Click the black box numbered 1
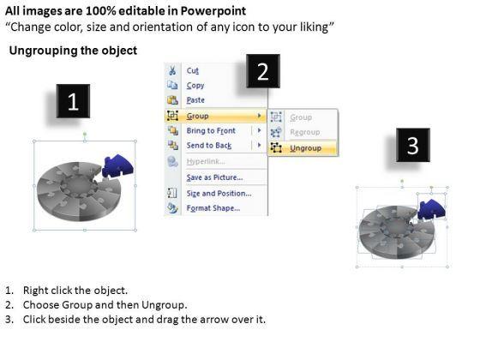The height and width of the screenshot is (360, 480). click(x=73, y=101)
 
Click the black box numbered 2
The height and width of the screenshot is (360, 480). click(x=263, y=71)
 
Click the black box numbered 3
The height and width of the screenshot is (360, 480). click(x=413, y=145)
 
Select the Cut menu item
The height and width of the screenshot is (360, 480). click(x=193, y=70)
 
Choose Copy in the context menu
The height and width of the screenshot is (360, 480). click(x=195, y=86)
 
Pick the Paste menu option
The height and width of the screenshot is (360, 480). click(x=195, y=100)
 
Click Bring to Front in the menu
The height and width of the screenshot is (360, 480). click(x=211, y=130)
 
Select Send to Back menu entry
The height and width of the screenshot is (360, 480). click(x=209, y=146)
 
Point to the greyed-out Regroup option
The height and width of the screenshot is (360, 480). click(x=305, y=132)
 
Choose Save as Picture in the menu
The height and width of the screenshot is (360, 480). click(x=214, y=177)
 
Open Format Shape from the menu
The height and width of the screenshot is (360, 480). click(x=213, y=208)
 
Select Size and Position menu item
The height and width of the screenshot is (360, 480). click(x=219, y=194)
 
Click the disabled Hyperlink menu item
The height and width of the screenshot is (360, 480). click(x=206, y=162)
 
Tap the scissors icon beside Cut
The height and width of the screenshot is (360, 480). click(x=172, y=70)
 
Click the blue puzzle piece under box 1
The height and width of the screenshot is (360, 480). click(x=117, y=166)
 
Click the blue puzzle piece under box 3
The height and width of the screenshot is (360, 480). click(x=432, y=209)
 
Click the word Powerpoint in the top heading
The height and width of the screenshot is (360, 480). click(x=213, y=11)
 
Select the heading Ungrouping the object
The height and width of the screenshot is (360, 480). click(x=73, y=51)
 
